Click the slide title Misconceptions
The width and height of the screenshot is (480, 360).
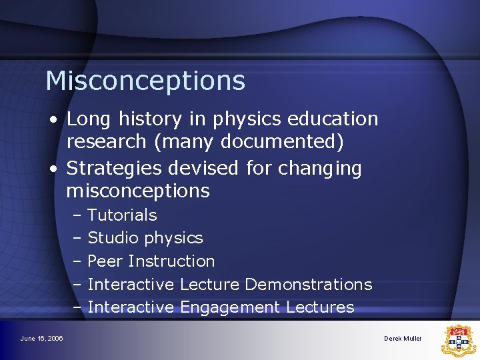pos(145,81)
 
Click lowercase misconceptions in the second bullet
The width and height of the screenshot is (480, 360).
pos(138,192)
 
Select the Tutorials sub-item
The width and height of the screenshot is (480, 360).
pos(122,215)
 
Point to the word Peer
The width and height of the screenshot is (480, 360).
pos(105,261)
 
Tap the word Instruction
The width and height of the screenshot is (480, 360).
pos(172,261)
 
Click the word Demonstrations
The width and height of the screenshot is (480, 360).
pos(308,285)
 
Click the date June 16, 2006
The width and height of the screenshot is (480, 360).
pos(41,339)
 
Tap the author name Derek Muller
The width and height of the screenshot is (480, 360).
pos(403,339)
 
